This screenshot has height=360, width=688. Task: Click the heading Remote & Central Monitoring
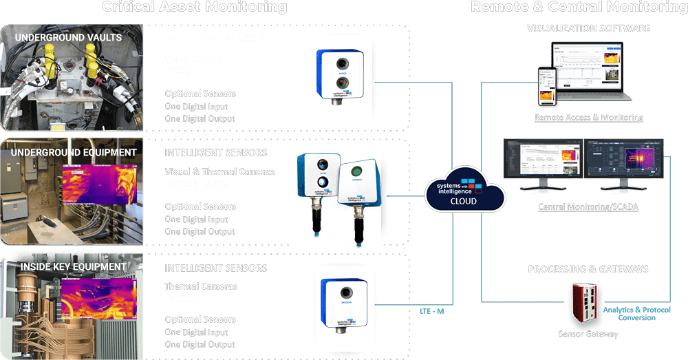tap(579, 8)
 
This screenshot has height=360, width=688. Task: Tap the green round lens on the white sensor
tap(356, 171)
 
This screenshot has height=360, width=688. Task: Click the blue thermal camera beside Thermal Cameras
tap(338, 298)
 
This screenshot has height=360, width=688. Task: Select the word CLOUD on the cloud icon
tap(465, 202)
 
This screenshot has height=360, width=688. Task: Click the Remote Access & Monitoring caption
tap(588, 118)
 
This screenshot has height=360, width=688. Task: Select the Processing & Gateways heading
tap(588, 269)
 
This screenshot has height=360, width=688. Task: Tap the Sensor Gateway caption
tap(588, 334)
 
